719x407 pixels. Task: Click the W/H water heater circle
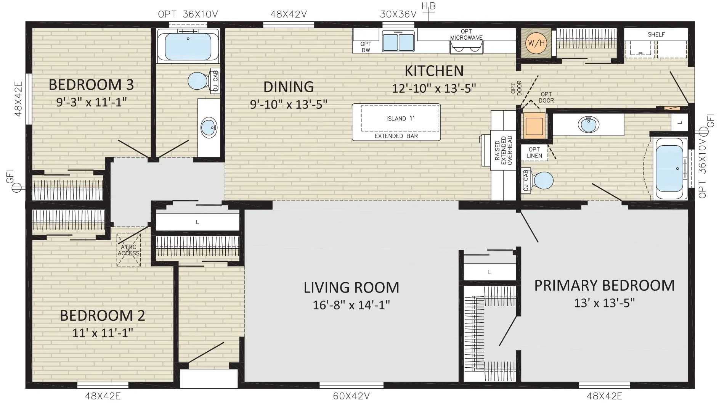536,43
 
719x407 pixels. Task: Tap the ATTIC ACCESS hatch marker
128,250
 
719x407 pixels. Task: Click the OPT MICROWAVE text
466,35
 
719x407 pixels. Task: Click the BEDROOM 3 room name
91,85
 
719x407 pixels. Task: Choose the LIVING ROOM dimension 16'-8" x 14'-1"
351,305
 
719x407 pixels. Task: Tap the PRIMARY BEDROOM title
604,285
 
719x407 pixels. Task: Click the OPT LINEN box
534,153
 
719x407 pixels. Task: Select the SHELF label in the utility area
656,34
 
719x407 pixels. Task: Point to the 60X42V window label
351,396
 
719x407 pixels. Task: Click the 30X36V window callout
398,14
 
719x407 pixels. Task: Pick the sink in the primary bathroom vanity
588,125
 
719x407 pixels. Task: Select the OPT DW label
366,47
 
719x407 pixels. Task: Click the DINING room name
289,87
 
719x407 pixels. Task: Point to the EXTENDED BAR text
396,136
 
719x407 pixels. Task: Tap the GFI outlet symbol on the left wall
17,188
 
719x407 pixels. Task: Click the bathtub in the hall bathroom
188,46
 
